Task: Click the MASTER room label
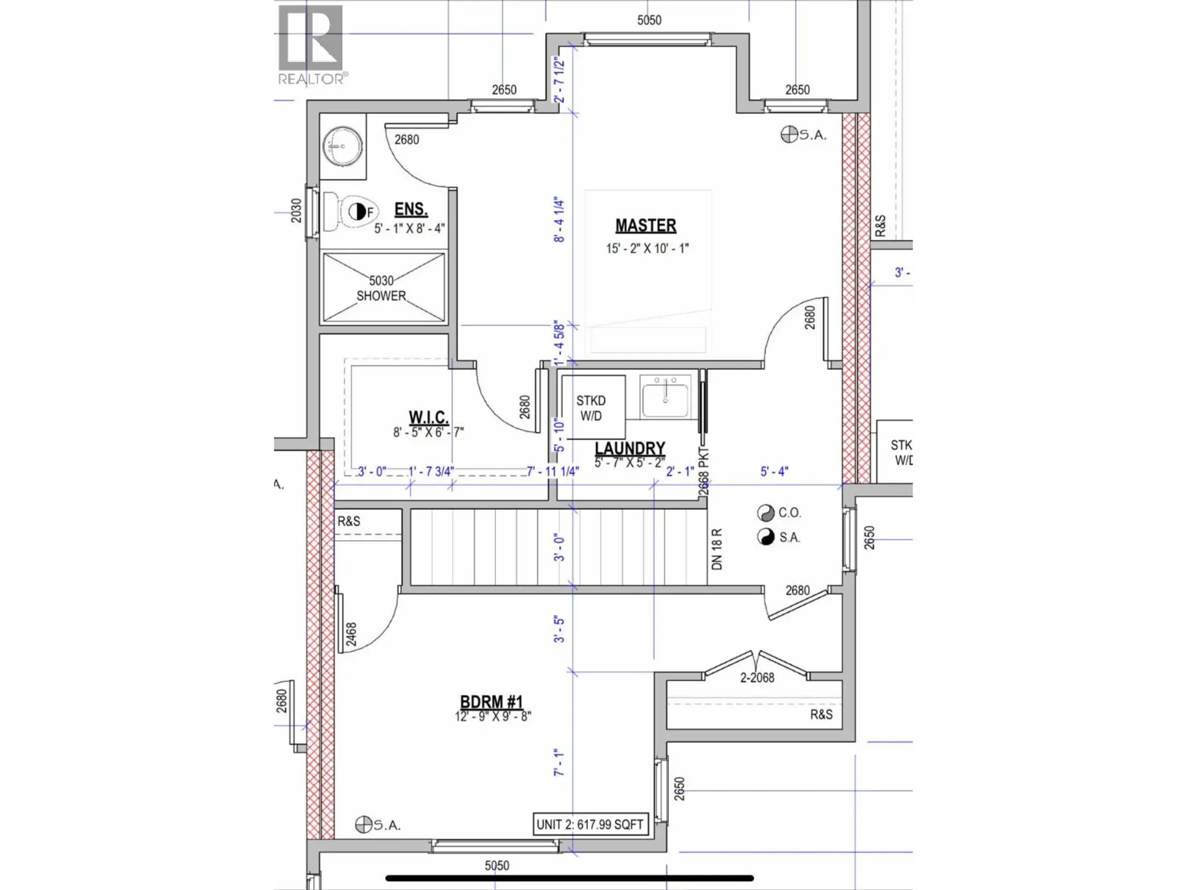[x=645, y=226]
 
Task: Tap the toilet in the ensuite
[x=351, y=211]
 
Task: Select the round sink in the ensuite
[x=342, y=146]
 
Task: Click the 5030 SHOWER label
[x=381, y=288]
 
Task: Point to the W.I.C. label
[x=428, y=417]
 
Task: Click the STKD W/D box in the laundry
[x=591, y=408]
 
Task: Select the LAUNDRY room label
[x=629, y=448]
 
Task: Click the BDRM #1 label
[x=491, y=702]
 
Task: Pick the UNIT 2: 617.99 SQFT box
[x=590, y=824]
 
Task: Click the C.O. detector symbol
[x=765, y=513]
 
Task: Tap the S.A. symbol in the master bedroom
[x=789, y=134]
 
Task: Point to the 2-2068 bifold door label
[x=757, y=678]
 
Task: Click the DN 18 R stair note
[x=717, y=549]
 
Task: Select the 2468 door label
[x=351, y=635]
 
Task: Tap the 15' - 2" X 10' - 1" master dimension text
[x=647, y=248]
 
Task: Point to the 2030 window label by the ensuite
[x=296, y=211]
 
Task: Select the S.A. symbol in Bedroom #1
[x=364, y=824]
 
